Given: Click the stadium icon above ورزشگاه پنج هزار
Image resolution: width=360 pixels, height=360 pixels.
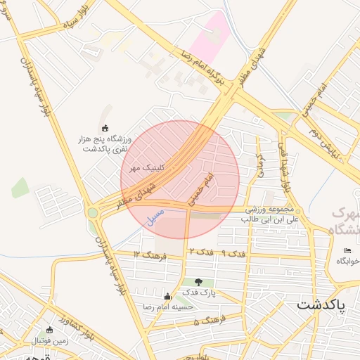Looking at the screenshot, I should [105, 128].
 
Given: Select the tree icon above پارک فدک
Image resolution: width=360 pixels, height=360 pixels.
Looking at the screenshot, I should [198, 281].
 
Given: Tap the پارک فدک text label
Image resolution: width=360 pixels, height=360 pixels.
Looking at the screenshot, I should [198, 292].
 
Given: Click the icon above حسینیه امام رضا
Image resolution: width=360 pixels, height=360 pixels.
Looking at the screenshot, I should [167, 296].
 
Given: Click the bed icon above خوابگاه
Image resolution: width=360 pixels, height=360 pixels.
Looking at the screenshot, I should [347, 251].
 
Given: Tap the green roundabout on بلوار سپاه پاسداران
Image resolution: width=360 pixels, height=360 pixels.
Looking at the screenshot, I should [93, 212].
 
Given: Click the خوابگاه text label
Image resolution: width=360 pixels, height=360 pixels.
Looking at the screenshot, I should [347, 261].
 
